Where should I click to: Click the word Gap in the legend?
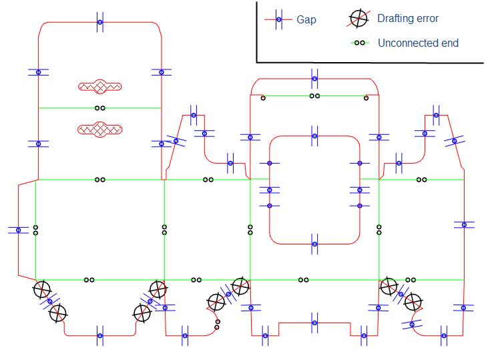coord(306,19)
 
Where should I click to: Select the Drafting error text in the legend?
coord(408,19)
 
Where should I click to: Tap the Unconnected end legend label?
coord(418,43)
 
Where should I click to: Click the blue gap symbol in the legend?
coord(280,19)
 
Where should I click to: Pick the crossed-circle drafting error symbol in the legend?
coord(359,19)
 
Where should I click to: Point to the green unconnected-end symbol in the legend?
coord(360,43)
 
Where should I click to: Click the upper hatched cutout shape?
coord(100,86)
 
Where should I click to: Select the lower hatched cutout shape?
coord(100,128)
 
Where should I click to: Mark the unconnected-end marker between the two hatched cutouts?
coord(100,108)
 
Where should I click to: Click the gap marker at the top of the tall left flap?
coord(100,22)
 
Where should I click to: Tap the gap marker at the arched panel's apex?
coord(314,78)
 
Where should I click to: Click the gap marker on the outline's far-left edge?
coord(18,230)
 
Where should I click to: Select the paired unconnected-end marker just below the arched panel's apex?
coord(314,96)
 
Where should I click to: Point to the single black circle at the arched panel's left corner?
coord(263,99)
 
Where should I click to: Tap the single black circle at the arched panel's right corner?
coord(367,99)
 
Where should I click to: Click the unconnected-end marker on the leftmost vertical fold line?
coord(35,230)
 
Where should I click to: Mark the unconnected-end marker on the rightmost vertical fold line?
coord(379,230)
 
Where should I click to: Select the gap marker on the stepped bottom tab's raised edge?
coord(314,323)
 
